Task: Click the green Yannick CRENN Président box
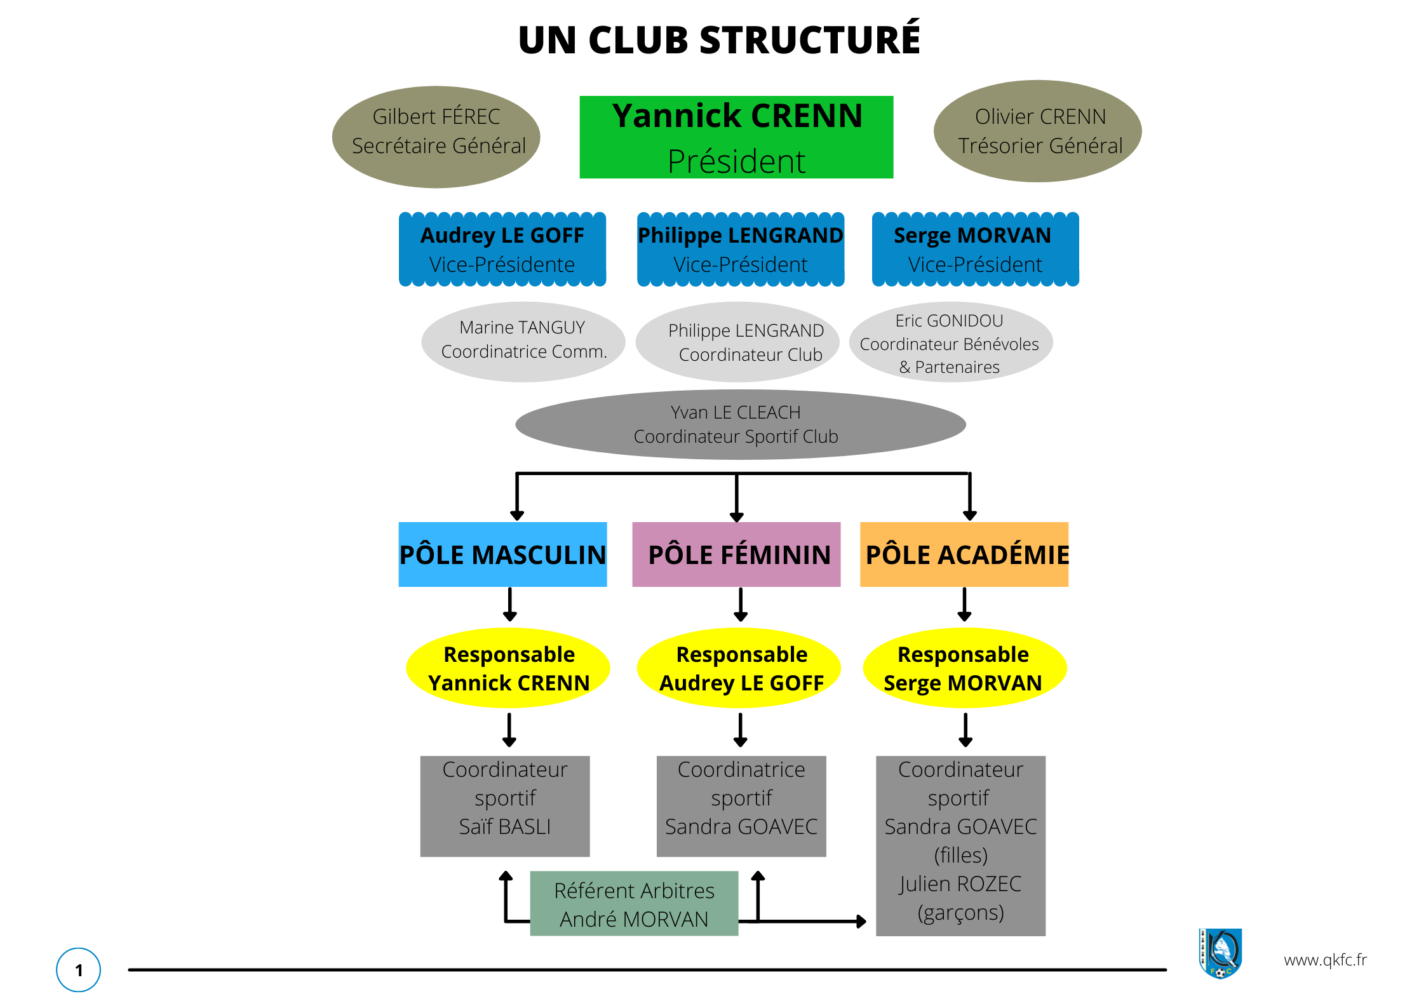point(736,137)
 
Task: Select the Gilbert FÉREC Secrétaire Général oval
point(436,137)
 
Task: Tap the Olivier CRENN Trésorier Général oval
point(1038,131)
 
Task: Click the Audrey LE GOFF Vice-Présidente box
point(502,249)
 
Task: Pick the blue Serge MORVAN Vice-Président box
point(976,249)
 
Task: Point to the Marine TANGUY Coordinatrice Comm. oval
point(523,342)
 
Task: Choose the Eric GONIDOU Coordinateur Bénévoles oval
point(951,342)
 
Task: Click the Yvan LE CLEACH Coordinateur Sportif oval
point(741,424)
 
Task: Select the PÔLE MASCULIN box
point(502,554)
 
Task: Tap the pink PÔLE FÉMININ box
point(736,554)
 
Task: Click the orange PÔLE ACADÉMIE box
point(964,554)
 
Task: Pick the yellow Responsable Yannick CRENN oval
point(508,668)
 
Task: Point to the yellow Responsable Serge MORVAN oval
point(965,668)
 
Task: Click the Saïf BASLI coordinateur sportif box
point(505,806)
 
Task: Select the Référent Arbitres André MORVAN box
point(634,903)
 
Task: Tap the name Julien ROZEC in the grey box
point(960,884)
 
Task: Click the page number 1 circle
point(79,970)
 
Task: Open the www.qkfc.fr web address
point(1325,960)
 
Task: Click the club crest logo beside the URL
point(1220,953)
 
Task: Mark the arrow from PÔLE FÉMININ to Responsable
point(741,604)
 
